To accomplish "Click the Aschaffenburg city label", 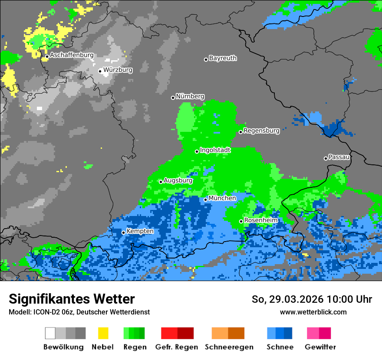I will tap(72, 55).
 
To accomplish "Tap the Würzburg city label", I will tap(118, 70).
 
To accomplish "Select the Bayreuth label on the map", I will tap(223, 58).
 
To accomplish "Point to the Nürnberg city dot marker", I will tap(173, 98).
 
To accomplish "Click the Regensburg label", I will tap(261, 131).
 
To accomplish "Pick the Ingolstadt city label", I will tap(215, 150).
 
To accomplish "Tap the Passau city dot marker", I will tap(326, 158).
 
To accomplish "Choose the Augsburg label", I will tap(178, 180).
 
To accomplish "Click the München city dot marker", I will tap(205, 200).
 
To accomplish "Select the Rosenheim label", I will tap(260, 220).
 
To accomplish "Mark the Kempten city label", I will tap(140, 231).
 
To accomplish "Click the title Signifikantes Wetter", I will tap(72, 299).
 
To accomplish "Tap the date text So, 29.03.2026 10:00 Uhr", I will tap(312, 299).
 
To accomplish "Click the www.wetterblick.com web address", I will tap(313, 312).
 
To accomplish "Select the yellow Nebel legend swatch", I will tap(103, 333).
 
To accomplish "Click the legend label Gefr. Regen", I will tap(177, 347).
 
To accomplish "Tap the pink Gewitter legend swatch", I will tap(313, 333).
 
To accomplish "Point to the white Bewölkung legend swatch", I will tap(50, 333).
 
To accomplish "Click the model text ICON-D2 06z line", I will tap(79, 312).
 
